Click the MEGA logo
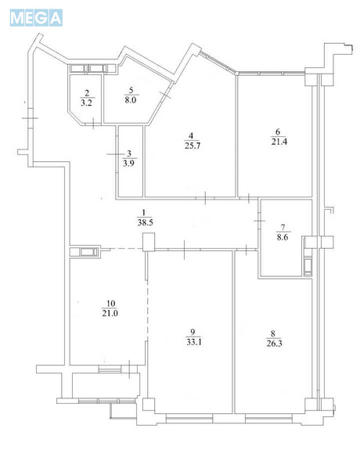pyautogui.click(x=36, y=18)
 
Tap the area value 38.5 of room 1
pyautogui.click(x=145, y=223)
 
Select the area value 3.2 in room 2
pyautogui.click(x=86, y=103)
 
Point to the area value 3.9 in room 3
pyautogui.click(x=128, y=164)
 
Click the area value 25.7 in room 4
pyautogui.click(x=193, y=146)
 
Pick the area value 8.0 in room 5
pyautogui.click(x=131, y=100)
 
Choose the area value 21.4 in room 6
pyautogui.click(x=279, y=142)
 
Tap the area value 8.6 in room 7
pyautogui.click(x=283, y=237)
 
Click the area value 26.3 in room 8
pyautogui.click(x=274, y=344)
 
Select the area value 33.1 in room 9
pyautogui.click(x=194, y=342)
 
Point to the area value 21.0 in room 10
pyautogui.click(x=110, y=313)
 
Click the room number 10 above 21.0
pyautogui.click(x=110, y=304)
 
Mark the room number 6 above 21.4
pyautogui.click(x=278, y=131)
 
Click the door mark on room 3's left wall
pyautogui.click(x=116, y=154)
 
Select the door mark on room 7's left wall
pyautogui.click(x=259, y=221)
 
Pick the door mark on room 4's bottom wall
pyautogui.click(x=205, y=198)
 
